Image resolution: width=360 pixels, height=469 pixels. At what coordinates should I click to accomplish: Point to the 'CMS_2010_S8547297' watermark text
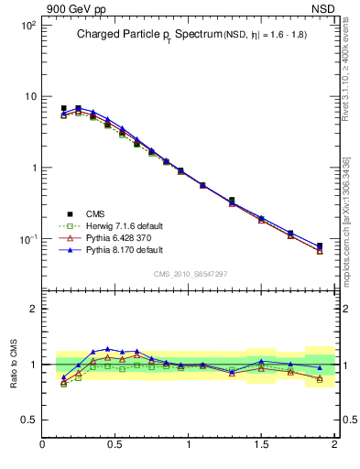[190, 274]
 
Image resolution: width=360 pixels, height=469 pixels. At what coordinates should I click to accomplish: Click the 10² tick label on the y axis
[27, 26]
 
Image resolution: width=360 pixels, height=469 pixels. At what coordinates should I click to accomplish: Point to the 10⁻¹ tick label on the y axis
[27, 239]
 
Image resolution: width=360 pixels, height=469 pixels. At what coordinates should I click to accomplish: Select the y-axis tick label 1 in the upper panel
[32, 168]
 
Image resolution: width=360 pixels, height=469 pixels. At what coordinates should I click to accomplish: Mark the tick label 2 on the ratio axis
[32, 309]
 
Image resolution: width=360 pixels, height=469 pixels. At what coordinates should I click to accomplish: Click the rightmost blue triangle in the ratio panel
[320, 367]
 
